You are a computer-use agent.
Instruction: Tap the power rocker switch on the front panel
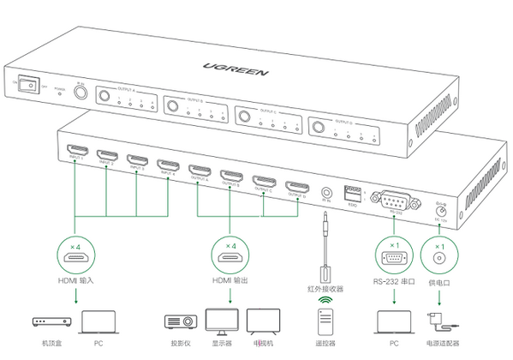pyautogui.click(x=28, y=86)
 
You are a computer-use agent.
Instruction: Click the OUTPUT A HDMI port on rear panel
pyautogui.click(x=199, y=170)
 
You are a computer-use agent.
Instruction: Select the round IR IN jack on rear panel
pyautogui.click(x=326, y=195)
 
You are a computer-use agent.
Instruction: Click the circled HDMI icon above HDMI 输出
pyautogui.click(x=230, y=255)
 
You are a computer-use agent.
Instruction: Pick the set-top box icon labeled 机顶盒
pyautogui.click(x=51, y=323)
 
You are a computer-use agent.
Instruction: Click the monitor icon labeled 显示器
pyautogui.click(x=223, y=321)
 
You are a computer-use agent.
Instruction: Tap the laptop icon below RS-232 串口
pyautogui.click(x=394, y=322)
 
